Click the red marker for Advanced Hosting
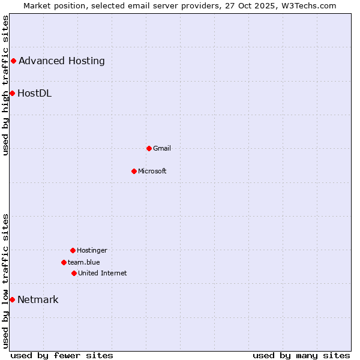pyautogui.click(x=13, y=61)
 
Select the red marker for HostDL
pyautogui.click(x=12, y=93)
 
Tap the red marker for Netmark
pyautogui.click(x=12, y=299)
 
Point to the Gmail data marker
pyautogui.click(x=149, y=148)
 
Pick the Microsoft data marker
pyautogui.click(x=134, y=171)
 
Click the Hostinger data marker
pyautogui.click(x=73, y=250)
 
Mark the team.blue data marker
pyautogui.click(x=64, y=262)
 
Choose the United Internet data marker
pyautogui.click(x=74, y=273)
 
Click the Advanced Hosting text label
pyautogui.click(x=62, y=61)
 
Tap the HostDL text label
pyautogui.click(x=35, y=93)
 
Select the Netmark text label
pyautogui.click(x=38, y=299)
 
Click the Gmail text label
pyautogui.click(x=162, y=148)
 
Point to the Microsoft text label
pyautogui.click(x=152, y=171)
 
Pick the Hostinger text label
pyautogui.click(x=92, y=250)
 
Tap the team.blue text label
pyautogui.click(x=84, y=262)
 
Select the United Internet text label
pyautogui.click(x=103, y=273)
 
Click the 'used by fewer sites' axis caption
pyautogui.click(x=62, y=355)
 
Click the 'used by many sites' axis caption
pyautogui.click(x=301, y=355)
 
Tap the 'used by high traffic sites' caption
pyautogui.click(x=5, y=85)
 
